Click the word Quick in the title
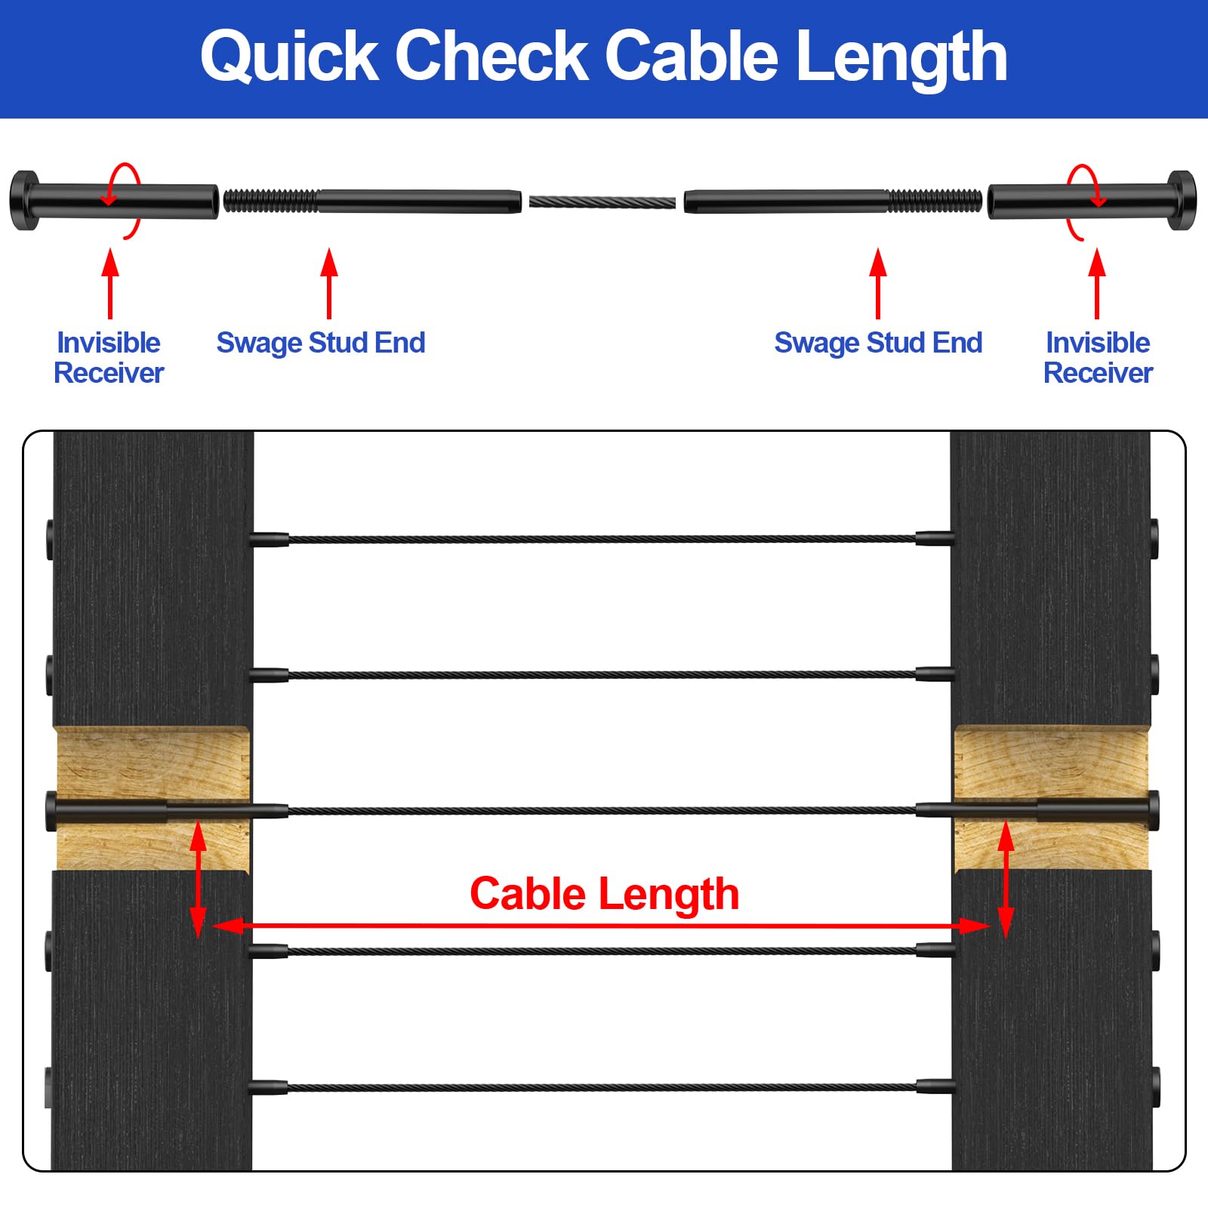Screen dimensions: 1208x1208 coord(289,57)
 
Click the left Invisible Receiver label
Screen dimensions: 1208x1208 coord(109,358)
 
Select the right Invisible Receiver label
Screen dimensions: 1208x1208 coord(1098,358)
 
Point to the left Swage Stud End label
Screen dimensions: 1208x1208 coord(321,343)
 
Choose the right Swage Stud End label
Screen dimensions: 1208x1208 coord(878,343)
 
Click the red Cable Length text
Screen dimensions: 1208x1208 coord(604,894)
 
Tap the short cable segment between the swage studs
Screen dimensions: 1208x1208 coord(602,202)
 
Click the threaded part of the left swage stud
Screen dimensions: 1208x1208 coord(270,202)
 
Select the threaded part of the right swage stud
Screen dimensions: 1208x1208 coord(935,202)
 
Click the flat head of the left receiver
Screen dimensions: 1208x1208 coord(23,201)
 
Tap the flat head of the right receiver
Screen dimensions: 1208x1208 coord(1182,201)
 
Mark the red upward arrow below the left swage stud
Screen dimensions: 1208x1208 coord(328,283)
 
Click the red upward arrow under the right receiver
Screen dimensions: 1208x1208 coord(1097,283)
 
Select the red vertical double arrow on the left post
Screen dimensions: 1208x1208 coord(198,880)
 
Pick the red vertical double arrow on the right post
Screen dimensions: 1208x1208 coord(1006,880)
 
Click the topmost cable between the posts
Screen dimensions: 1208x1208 coord(602,539)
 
